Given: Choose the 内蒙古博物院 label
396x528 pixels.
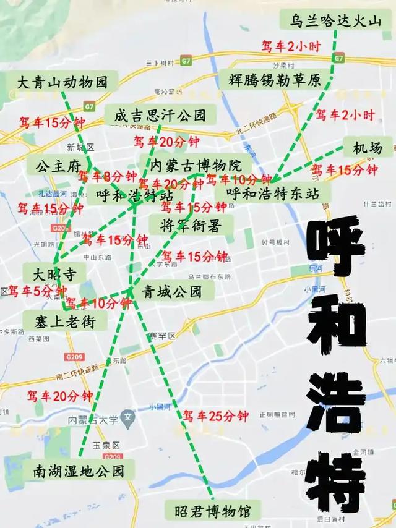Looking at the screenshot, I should click(196, 165).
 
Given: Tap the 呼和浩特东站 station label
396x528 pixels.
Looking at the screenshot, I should click(272, 194).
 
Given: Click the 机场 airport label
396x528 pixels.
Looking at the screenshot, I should click(368, 148).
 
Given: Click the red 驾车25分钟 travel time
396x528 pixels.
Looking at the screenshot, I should click(215, 416).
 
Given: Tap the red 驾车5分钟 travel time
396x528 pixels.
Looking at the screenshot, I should click(37, 291).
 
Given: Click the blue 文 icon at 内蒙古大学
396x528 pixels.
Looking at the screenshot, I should click(128, 418).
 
